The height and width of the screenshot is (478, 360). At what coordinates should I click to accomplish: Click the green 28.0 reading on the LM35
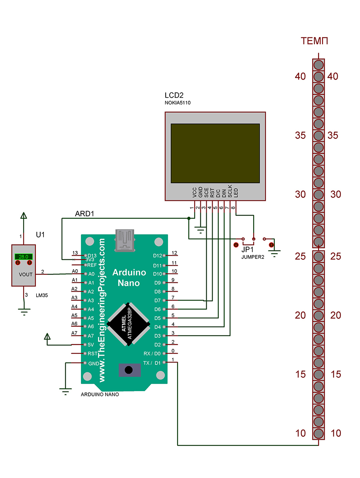23,257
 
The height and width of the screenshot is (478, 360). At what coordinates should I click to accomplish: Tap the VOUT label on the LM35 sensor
25,274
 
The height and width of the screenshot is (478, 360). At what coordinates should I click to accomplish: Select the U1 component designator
40,235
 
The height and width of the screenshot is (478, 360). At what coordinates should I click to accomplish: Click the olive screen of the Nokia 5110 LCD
215,153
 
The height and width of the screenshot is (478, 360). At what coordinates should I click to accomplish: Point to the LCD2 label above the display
174,95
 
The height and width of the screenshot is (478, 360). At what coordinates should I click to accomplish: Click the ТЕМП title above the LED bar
314,41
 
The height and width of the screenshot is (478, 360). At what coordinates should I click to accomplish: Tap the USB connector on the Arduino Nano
125,241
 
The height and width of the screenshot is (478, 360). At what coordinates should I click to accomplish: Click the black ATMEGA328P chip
128,324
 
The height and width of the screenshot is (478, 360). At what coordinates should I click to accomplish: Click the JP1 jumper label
247,250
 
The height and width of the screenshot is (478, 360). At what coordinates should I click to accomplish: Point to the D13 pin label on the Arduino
92,255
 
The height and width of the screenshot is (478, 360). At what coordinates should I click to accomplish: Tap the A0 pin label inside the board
92,274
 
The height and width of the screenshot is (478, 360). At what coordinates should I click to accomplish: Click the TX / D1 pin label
152,363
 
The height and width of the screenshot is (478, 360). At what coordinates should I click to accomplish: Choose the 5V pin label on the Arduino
91,345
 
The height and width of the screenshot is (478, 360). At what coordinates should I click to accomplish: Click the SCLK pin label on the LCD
230,191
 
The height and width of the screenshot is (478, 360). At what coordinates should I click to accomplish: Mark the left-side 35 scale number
300,135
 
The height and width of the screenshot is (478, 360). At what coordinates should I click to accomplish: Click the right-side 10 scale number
336,433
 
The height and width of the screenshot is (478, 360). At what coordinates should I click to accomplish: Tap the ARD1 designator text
84,214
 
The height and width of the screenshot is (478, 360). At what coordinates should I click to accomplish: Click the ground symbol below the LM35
24,311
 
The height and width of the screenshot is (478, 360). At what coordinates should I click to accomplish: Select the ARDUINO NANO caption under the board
100,394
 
